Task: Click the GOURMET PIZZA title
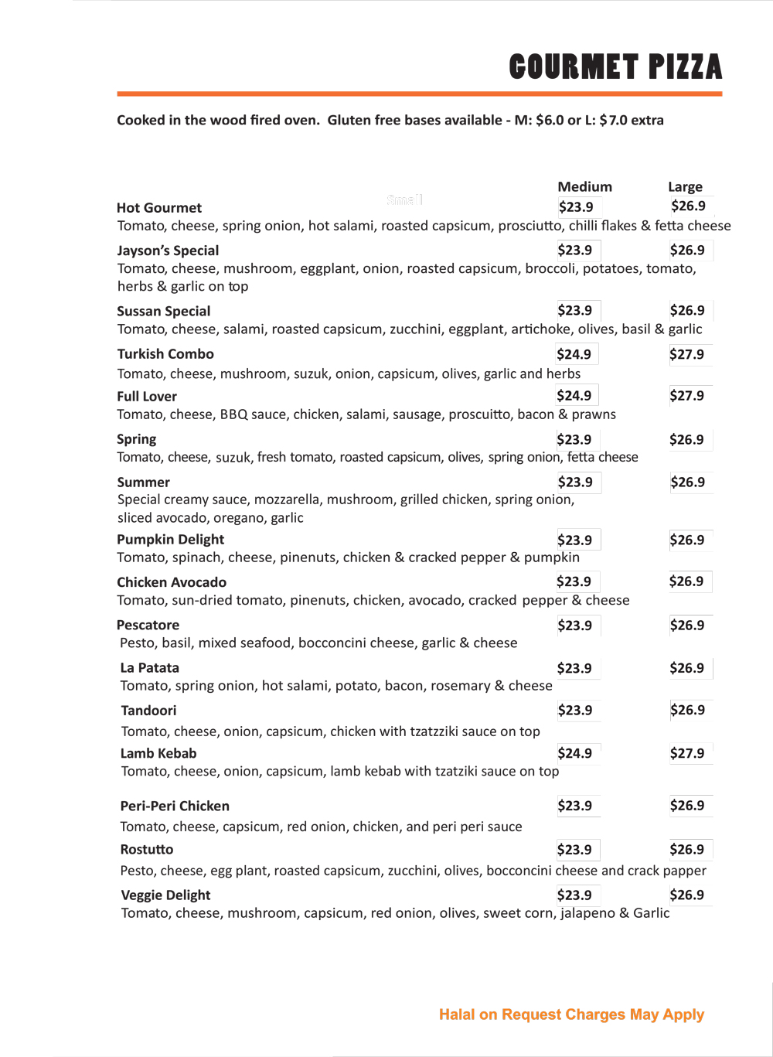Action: coord(615,67)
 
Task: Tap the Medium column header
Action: coord(584,187)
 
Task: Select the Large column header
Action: coord(685,187)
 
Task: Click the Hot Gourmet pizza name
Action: coord(159,208)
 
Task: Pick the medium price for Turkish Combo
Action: coord(574,355)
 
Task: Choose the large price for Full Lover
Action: coord(686,396)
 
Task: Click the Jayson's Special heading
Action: coord(168,251)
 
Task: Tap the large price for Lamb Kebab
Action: coord(686,753)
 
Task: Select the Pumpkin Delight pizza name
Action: coord(170,540)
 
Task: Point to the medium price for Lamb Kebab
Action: coord(574,753)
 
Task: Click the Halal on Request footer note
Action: coord(571,1014)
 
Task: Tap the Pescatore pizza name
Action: coord(148,625)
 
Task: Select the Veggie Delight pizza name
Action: coord(165,895)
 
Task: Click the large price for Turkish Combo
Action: coord(686,355)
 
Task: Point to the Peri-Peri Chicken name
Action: coord(175,806)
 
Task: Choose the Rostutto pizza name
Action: coord(147,850)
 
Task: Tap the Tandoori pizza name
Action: coord(148,711)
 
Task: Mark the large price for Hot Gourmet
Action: coord(688,206)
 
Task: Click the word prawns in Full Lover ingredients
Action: coord(594,414)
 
